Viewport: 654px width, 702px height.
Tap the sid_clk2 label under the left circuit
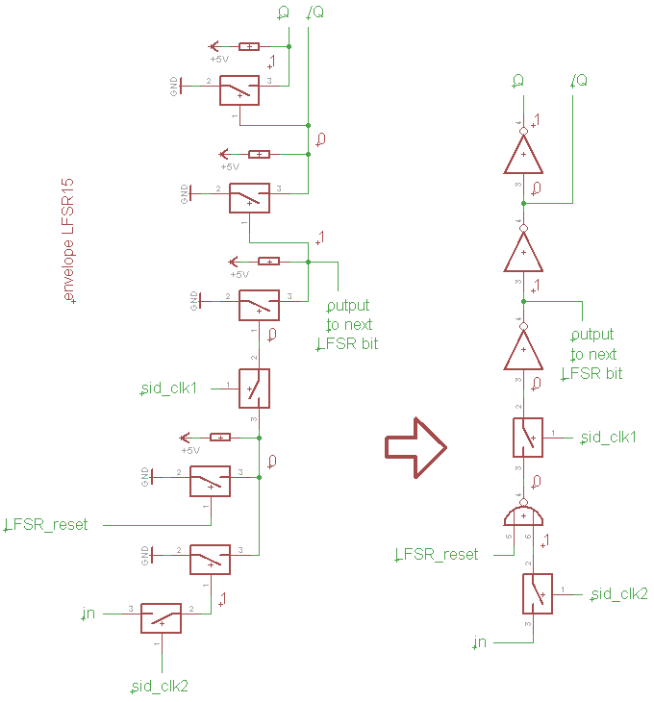pos(161,687)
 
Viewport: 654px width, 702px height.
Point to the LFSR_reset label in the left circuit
pos(47,525)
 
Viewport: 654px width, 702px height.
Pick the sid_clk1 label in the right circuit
pos(613,438)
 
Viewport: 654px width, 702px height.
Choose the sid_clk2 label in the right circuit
pos(620,594)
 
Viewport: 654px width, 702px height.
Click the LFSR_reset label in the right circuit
pos(438,555)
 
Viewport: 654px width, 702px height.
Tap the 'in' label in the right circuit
pos(482,641)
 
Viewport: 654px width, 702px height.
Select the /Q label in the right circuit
pos(580,80)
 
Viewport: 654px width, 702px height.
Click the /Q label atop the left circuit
pos(314,13)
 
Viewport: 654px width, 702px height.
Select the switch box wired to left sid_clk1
pos(254,389)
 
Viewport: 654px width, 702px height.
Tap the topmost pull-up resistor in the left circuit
pos(249,46)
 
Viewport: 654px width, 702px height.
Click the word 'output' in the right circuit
pos(592,335)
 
